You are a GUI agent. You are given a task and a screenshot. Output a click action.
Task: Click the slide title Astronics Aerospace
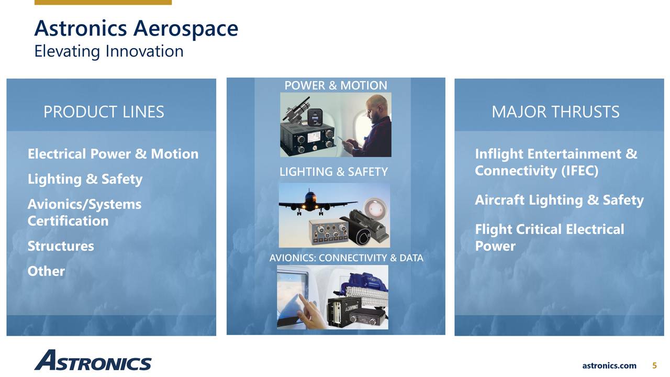136,28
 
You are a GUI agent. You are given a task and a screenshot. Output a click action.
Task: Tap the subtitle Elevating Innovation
109,51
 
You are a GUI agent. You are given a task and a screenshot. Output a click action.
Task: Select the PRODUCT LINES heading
104,112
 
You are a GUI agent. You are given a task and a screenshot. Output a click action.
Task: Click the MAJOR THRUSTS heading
555,112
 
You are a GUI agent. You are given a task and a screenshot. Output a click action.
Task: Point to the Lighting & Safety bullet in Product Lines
85,179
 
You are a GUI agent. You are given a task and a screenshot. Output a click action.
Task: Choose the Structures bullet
61,246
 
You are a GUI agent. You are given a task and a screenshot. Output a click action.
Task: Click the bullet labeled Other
46,271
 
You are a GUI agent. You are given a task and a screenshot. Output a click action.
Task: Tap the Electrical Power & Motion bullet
113,154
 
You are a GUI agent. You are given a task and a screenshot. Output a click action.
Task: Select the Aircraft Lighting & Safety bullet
559,200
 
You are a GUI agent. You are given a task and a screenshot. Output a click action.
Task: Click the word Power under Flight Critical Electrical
495,246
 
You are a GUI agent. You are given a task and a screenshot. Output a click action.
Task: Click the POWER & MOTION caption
336,85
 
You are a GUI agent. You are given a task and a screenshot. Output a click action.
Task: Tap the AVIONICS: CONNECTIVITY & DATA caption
346,258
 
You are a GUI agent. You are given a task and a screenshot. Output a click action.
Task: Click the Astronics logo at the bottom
93,361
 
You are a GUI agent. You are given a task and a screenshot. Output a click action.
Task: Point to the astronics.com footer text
609,365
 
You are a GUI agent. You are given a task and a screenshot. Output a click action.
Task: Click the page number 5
654,365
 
